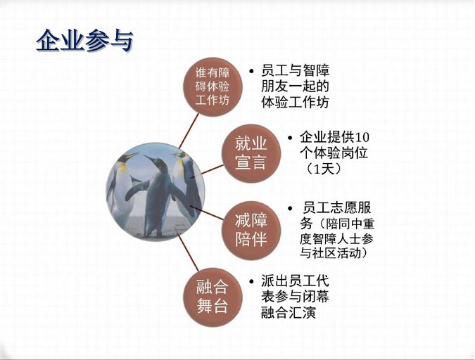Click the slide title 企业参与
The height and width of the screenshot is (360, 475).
85,40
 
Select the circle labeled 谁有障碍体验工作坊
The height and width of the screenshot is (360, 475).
213,86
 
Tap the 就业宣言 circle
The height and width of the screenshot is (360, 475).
251,153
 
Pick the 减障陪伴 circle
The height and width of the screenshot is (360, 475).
251,231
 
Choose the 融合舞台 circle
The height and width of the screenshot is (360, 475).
213,297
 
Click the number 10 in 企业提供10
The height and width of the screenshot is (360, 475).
362,138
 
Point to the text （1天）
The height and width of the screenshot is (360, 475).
323,169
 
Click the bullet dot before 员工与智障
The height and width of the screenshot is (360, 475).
251,71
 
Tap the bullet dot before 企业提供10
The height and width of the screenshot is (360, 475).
290,138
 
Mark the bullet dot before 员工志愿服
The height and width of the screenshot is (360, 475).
290,208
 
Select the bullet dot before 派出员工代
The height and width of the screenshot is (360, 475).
251,281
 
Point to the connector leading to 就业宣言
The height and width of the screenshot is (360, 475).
213,169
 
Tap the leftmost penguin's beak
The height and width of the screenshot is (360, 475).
132,155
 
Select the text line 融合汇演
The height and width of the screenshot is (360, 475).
289,312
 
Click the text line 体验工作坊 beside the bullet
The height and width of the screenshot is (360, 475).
295,103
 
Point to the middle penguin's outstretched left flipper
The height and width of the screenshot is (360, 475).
137,190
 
